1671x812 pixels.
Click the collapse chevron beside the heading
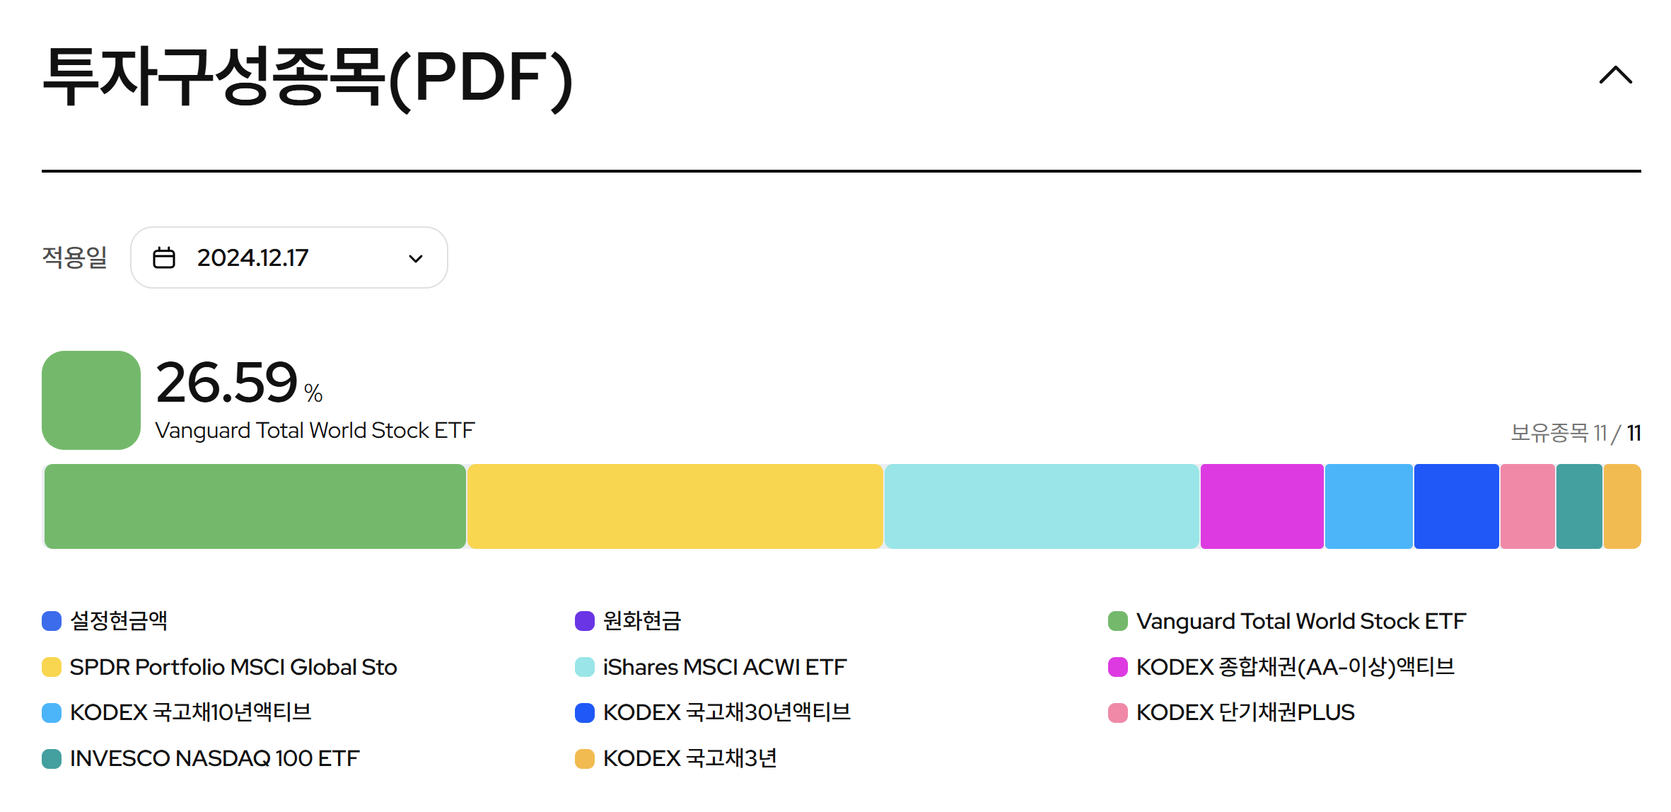click(x=1615, y=75)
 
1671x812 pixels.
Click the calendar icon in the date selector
click(x=164, y=257)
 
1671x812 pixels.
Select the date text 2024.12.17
click(x=252, y=257)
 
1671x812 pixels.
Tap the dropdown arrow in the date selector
click(x=416, y=258)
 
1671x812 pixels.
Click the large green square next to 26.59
click(x=91, y=400)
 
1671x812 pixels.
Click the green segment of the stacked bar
click(x=255, y=506)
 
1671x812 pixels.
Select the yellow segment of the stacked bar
click(x=675, y=506)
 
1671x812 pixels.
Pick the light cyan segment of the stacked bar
click(x=1041, y=506)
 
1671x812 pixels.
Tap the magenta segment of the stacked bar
click(x=1262, y=506)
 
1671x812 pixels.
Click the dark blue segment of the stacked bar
click(x=1456, y=506)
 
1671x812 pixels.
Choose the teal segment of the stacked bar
click(x=1578, y=506)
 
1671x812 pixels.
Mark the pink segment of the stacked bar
click(x=1527, y=506)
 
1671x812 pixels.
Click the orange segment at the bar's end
click(x=1621, y=506)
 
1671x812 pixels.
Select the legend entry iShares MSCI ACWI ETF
click(x=724, y=667)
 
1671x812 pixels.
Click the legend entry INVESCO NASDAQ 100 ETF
click(x=214, y=758)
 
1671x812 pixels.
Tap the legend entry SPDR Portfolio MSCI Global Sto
click(x=233, y=667)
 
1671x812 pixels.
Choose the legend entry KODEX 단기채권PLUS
click(x=1245, y=712)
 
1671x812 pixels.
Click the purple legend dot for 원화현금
click(x=585, y=621)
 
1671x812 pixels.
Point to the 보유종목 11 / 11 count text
click(x=1575, y=432)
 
